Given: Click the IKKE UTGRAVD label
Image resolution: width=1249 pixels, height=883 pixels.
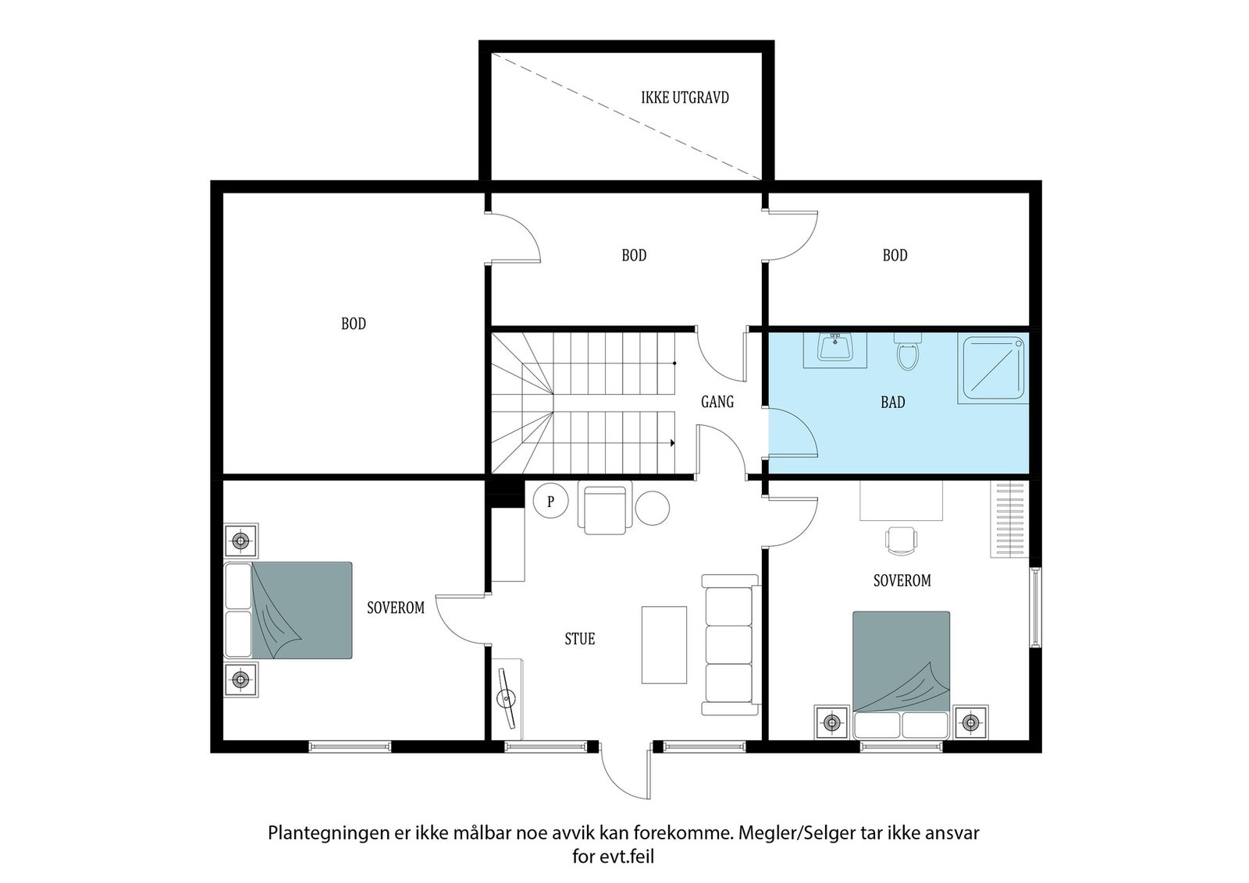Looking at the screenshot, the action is [685, 98].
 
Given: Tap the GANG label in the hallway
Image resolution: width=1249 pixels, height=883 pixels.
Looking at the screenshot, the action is [717, 402].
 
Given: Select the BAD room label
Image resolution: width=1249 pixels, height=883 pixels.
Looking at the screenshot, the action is [893, 402].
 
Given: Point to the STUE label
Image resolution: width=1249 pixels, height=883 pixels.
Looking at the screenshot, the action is [580, 638].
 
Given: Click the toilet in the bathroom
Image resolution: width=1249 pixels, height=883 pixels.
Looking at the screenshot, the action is [908, 352].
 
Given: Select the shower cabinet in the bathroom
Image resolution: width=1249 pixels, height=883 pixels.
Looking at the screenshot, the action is [993, 368].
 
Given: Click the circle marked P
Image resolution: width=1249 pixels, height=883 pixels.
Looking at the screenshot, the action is [550, 501].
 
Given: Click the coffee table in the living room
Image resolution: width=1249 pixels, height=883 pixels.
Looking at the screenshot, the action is [664, 644].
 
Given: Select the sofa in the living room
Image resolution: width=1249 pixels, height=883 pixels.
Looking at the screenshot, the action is [730, 644].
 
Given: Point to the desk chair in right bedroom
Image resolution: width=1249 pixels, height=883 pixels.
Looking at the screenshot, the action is [901, 541].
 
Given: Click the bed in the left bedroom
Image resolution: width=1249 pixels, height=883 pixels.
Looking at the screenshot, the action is [288, 610].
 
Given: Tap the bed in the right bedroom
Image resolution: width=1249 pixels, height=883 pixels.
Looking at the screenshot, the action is [901, 675].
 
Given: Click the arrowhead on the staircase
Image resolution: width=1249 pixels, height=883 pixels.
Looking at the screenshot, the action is [672, 443].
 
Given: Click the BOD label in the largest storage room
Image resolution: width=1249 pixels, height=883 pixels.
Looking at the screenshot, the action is [354, 324].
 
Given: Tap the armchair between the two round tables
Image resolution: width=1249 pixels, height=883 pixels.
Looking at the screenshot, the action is [605, 509].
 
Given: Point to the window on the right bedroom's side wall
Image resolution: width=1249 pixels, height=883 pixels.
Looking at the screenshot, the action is [1035, 607].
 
